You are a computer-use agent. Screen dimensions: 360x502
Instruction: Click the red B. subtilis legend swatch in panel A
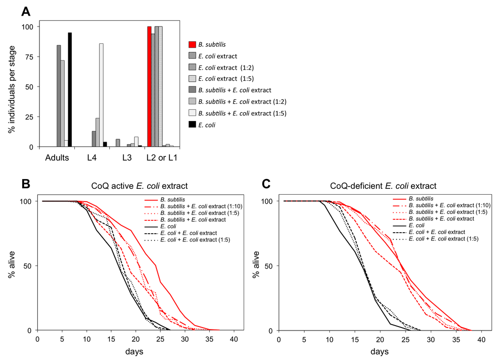click(x=192, y=44)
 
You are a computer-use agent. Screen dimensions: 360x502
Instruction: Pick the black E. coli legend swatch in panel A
click(x=192, y=125)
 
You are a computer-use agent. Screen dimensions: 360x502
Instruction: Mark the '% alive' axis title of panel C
click(x=256, y=266)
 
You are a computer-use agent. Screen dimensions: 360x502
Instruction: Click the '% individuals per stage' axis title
click(x=11, y=87)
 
